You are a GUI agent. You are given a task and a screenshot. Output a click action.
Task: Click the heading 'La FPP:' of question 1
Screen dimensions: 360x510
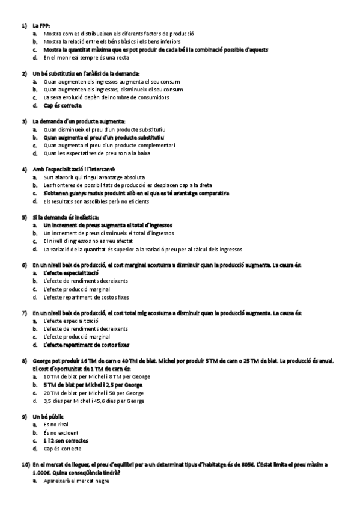pos(42,26)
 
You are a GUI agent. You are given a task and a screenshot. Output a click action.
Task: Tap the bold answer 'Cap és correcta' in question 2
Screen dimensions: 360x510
pos(63,105)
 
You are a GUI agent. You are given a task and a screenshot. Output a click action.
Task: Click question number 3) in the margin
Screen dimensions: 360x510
pos(25,121)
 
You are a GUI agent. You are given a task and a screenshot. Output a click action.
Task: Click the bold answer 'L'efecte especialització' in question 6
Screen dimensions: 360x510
pos(71,272)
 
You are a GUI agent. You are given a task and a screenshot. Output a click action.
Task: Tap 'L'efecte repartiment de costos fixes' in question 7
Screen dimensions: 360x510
pos(86,345)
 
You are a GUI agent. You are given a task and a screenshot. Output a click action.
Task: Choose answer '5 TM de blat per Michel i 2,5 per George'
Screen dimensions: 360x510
pos(93,384)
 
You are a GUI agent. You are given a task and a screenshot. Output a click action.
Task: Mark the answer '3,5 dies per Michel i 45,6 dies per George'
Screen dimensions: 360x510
pos(94,400)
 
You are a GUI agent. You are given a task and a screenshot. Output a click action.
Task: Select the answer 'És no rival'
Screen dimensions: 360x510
pos(57,425)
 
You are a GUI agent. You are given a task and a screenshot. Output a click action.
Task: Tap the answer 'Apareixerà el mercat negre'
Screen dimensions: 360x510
pos(76,481)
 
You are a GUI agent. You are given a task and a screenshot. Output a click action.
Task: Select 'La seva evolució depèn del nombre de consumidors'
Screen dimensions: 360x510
pos(106,97)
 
